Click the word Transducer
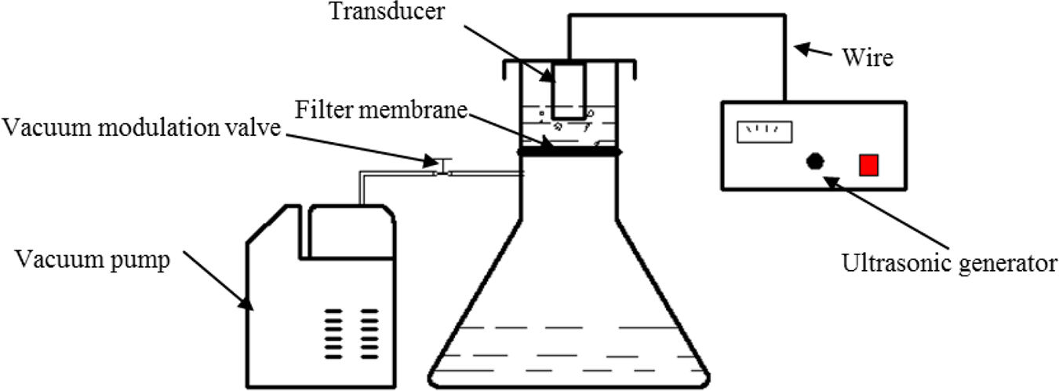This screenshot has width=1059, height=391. coord(387,11)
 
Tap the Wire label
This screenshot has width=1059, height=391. coord(868,58)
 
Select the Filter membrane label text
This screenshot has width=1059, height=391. coord(381,110)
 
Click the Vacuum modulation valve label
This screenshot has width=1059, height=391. coord(141,127)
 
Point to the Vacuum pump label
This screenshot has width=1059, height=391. coord(93,260)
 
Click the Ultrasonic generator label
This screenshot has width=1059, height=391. coord(949,263)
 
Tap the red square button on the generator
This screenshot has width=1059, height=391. coord(868,165)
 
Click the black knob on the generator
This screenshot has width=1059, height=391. coord(814,162)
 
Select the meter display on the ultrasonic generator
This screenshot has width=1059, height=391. coord(765,132)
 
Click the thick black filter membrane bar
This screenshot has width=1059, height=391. coord(570,152)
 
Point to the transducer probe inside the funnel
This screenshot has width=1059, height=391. coord(569,91)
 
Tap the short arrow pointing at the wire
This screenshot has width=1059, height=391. coord(813,50)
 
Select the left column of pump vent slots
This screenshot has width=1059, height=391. coord(333,334)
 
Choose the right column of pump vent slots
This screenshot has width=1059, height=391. coord(369,334)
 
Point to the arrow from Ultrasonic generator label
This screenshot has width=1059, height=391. coord(886,212)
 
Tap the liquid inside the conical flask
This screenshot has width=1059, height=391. coord(570,355)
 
